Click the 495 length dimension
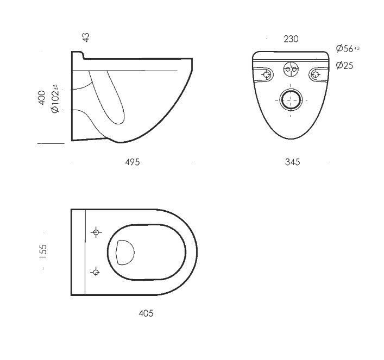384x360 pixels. point(133,162)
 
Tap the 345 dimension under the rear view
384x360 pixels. point(292,162)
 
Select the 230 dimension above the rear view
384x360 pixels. point(291,39)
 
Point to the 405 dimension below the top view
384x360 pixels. point(146,313)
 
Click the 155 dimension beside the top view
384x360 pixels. point(42,251)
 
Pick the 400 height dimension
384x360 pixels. point(42,98)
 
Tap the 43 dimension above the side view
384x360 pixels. point(86,37)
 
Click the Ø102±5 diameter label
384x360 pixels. point(55,98)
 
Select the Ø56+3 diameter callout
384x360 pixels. point(348,48)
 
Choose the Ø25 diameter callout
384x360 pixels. point(344,65)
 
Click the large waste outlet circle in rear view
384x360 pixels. point(291,100)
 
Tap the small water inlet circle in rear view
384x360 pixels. point(291,69)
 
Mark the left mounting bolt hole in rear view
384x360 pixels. point(267,74)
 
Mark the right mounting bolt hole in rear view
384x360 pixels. point(316,74)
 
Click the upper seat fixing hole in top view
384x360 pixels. point(96,232)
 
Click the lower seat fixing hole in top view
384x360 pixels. point(96,272)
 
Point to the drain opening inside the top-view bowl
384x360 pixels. point(125,252)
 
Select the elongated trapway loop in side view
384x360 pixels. point(107,97)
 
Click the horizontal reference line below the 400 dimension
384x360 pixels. point(51,143)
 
